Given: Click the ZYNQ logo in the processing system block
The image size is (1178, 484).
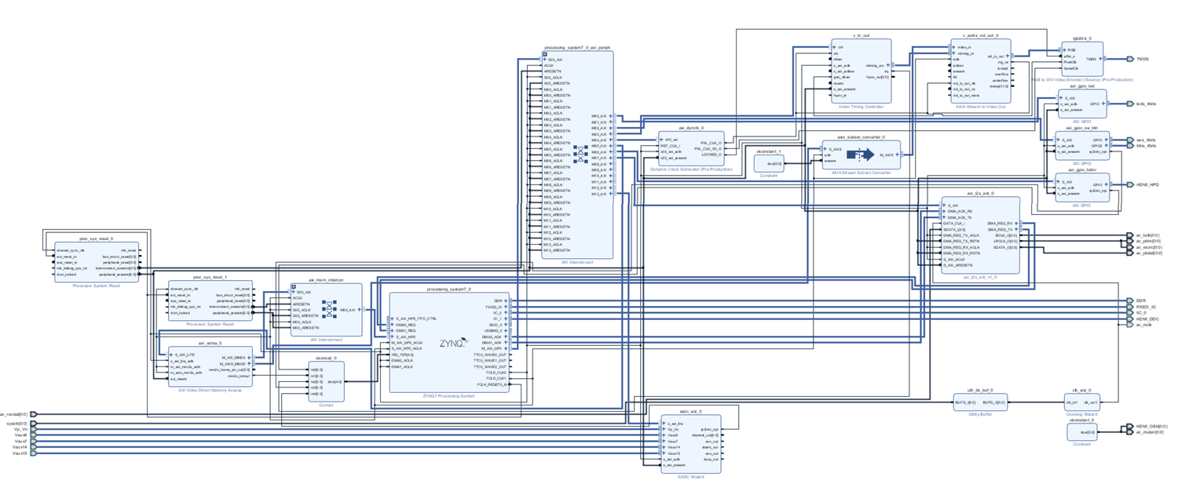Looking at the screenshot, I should [454, 342].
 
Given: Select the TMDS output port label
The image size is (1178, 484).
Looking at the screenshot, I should [1143, 59].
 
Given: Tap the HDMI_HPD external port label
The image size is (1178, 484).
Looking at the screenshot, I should [1147, 184].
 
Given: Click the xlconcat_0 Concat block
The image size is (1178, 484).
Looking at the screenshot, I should [325, 382].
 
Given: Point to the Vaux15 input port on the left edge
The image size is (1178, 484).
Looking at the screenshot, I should [20, 453].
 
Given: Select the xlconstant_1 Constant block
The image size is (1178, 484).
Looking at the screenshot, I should [769, 163].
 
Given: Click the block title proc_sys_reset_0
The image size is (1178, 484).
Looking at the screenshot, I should [96, 238].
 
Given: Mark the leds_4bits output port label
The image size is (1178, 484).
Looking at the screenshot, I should [1147, 104].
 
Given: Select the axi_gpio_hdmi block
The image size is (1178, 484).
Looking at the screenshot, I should [1081, 187].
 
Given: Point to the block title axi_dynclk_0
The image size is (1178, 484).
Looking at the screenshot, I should [691, 127].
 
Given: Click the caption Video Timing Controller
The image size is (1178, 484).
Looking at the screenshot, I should [861, 106].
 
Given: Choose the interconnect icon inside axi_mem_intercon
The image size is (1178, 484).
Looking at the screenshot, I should [331, 308].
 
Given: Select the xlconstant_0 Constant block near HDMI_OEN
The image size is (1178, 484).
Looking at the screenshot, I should [1088, 431].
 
